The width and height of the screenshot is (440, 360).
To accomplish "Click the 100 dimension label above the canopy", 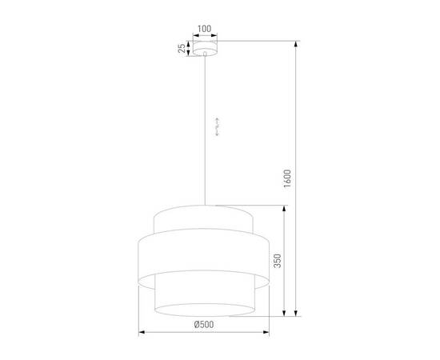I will click(204, 29).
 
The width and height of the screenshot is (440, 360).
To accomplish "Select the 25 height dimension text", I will click(183, 49).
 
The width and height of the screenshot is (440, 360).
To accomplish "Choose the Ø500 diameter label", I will click(203, 324).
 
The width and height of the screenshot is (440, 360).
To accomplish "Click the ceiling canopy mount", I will click(204, 49).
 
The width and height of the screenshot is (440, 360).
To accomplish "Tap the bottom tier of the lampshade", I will click(204, 296).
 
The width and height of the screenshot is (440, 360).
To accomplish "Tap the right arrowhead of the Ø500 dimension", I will click(267, 330).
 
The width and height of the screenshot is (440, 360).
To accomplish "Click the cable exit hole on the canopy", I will click(205, 54).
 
